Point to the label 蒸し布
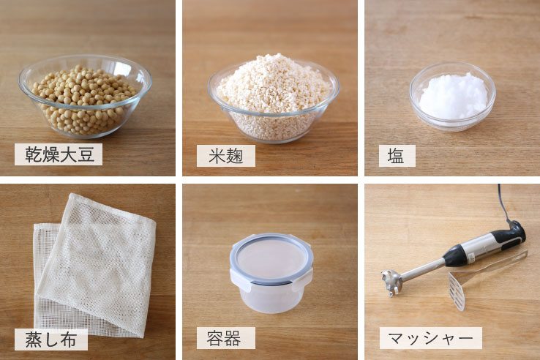(50, 339)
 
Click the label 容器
(225, 338)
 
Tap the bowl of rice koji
(273, 99)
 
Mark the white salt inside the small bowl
(453, 95)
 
